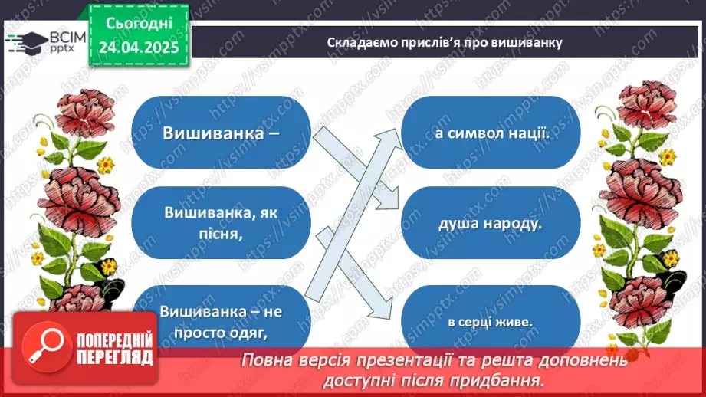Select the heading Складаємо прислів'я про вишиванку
[445, 42]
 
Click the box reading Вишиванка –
[220, 132]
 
